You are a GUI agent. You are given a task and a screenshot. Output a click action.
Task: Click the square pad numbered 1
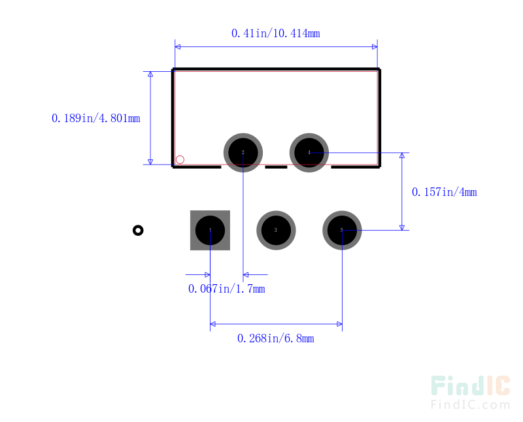[x=210, y=230]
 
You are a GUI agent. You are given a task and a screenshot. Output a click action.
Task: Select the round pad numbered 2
[x=243, y=152]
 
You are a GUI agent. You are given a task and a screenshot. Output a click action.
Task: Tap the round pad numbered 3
[x=276, y=230]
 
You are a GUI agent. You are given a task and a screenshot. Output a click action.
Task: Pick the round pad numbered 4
[x=309, y=152]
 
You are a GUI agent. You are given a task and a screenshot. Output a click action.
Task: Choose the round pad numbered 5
[x=342, y=230]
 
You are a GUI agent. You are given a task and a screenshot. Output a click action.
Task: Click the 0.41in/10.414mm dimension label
[x=275, y=33]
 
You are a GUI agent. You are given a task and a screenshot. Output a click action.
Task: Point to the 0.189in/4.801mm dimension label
[x=95, y=118]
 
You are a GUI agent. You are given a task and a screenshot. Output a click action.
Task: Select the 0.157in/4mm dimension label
[x=444, y=192]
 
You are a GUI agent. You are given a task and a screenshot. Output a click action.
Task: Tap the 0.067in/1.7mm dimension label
[x=226, y=289]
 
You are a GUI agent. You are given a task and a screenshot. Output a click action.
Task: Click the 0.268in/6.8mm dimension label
[x=275, y=338]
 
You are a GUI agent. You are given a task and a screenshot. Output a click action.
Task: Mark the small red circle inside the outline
[x=180, y=159]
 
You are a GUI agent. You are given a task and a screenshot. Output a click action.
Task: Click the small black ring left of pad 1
[x=138, y=230]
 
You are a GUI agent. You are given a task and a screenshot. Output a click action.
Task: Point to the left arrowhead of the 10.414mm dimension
[x=178, y=47]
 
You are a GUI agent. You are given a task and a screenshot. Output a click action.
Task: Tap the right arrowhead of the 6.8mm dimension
[x=339, y=323]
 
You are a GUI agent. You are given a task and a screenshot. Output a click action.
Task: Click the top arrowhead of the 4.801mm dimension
[x=150, y=74]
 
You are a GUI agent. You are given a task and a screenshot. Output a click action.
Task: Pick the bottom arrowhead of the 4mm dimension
[x=402, y=227]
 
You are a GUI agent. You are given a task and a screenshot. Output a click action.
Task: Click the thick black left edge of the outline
[x=173, y=118]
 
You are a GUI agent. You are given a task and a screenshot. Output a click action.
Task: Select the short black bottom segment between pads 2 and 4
[x=276, y=167]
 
